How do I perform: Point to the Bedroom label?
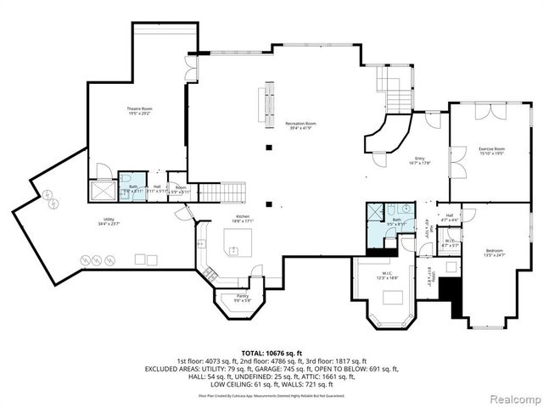click(494, 250)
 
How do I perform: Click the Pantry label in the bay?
click(242, 295)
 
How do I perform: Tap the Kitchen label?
click(243, 216)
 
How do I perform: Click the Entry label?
click(419, 157)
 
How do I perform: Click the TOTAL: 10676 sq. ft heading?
click(271, 352)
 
